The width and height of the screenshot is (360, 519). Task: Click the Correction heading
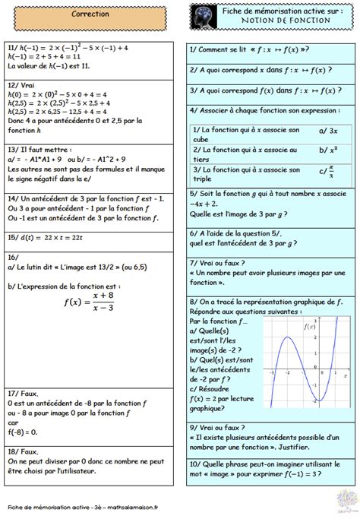[90, 14]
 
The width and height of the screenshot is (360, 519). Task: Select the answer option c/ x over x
[326, 171]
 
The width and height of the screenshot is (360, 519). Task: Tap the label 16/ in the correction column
[12, 258]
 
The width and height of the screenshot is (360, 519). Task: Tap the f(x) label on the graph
[309, 327]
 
